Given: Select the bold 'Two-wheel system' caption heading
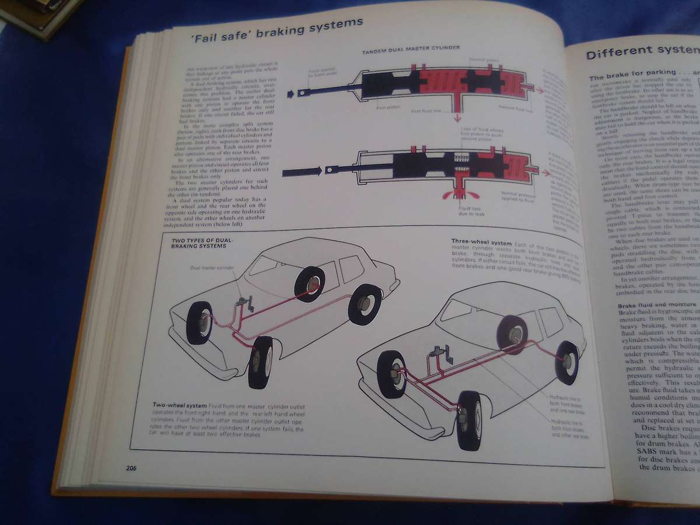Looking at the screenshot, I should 180,404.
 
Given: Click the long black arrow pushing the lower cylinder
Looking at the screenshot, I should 302,171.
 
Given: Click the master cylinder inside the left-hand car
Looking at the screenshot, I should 244,304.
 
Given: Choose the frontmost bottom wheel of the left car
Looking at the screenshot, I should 260,362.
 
